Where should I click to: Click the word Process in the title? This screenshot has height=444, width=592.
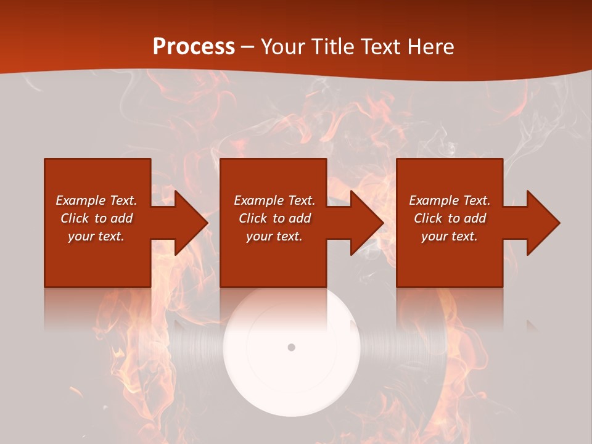(x=194, y=47)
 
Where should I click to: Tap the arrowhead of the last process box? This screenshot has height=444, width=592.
(x=542, y=223)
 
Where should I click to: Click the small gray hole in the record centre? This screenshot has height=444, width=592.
(x=291, y=347)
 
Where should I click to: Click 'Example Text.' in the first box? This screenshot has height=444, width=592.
(x=96, y=200)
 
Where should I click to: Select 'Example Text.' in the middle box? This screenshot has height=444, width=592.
(x=274, y=200)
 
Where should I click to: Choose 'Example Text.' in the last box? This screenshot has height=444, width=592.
(x=450, y=200)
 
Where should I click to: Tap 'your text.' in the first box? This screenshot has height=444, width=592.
(x=96, y=236)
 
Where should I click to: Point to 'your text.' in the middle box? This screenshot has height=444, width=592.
(x=274, y=236)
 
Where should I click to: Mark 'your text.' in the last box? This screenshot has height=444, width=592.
(x=450, y=236)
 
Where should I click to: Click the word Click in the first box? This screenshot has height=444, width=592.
(x=75, y=218)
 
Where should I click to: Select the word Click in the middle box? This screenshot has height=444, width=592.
(x=253, y=218)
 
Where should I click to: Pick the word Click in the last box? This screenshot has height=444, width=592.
(x=429, y=218)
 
